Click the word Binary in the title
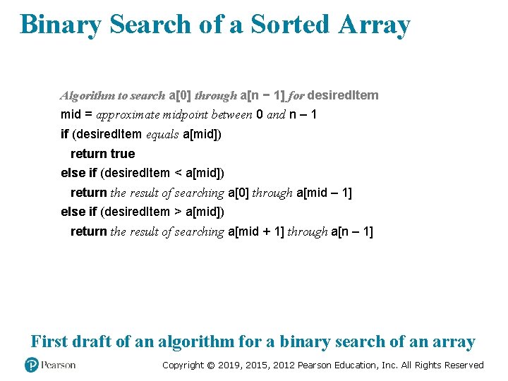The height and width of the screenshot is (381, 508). (x=60, y=25)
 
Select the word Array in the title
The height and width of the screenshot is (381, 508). (x=374, y=25)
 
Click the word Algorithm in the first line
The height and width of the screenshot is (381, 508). (x=85, y=95)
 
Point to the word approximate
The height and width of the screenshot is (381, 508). (x=126, y=114)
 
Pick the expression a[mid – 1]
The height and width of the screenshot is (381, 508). (x=325, y=193)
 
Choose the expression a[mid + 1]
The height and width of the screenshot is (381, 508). (x=256, y=231)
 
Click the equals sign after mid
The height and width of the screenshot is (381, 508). (x=87, y=114)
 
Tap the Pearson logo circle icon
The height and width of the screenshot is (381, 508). (x=31, y=365)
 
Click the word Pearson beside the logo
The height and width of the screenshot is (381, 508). (x=58, y=365)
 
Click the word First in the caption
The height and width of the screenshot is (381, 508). (x=49, y=342)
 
